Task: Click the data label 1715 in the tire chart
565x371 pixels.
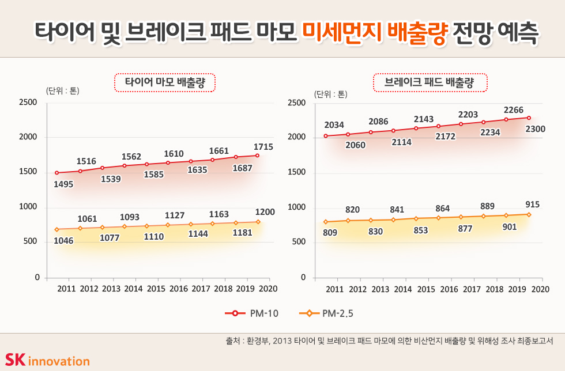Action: click(263, 147)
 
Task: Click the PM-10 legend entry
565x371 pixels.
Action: click(252, 313)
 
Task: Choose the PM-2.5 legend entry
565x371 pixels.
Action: click(326, 313)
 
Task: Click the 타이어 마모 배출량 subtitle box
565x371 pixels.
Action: click(164, 82)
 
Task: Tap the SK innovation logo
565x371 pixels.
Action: click(47, 360)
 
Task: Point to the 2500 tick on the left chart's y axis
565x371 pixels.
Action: click(28, 103)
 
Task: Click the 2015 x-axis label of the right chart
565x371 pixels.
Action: click(425, 289)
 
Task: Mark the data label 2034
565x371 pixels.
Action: click(334, 124)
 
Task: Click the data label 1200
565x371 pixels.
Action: click(265, 212)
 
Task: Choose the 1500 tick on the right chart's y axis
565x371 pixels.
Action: click(296, 172)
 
